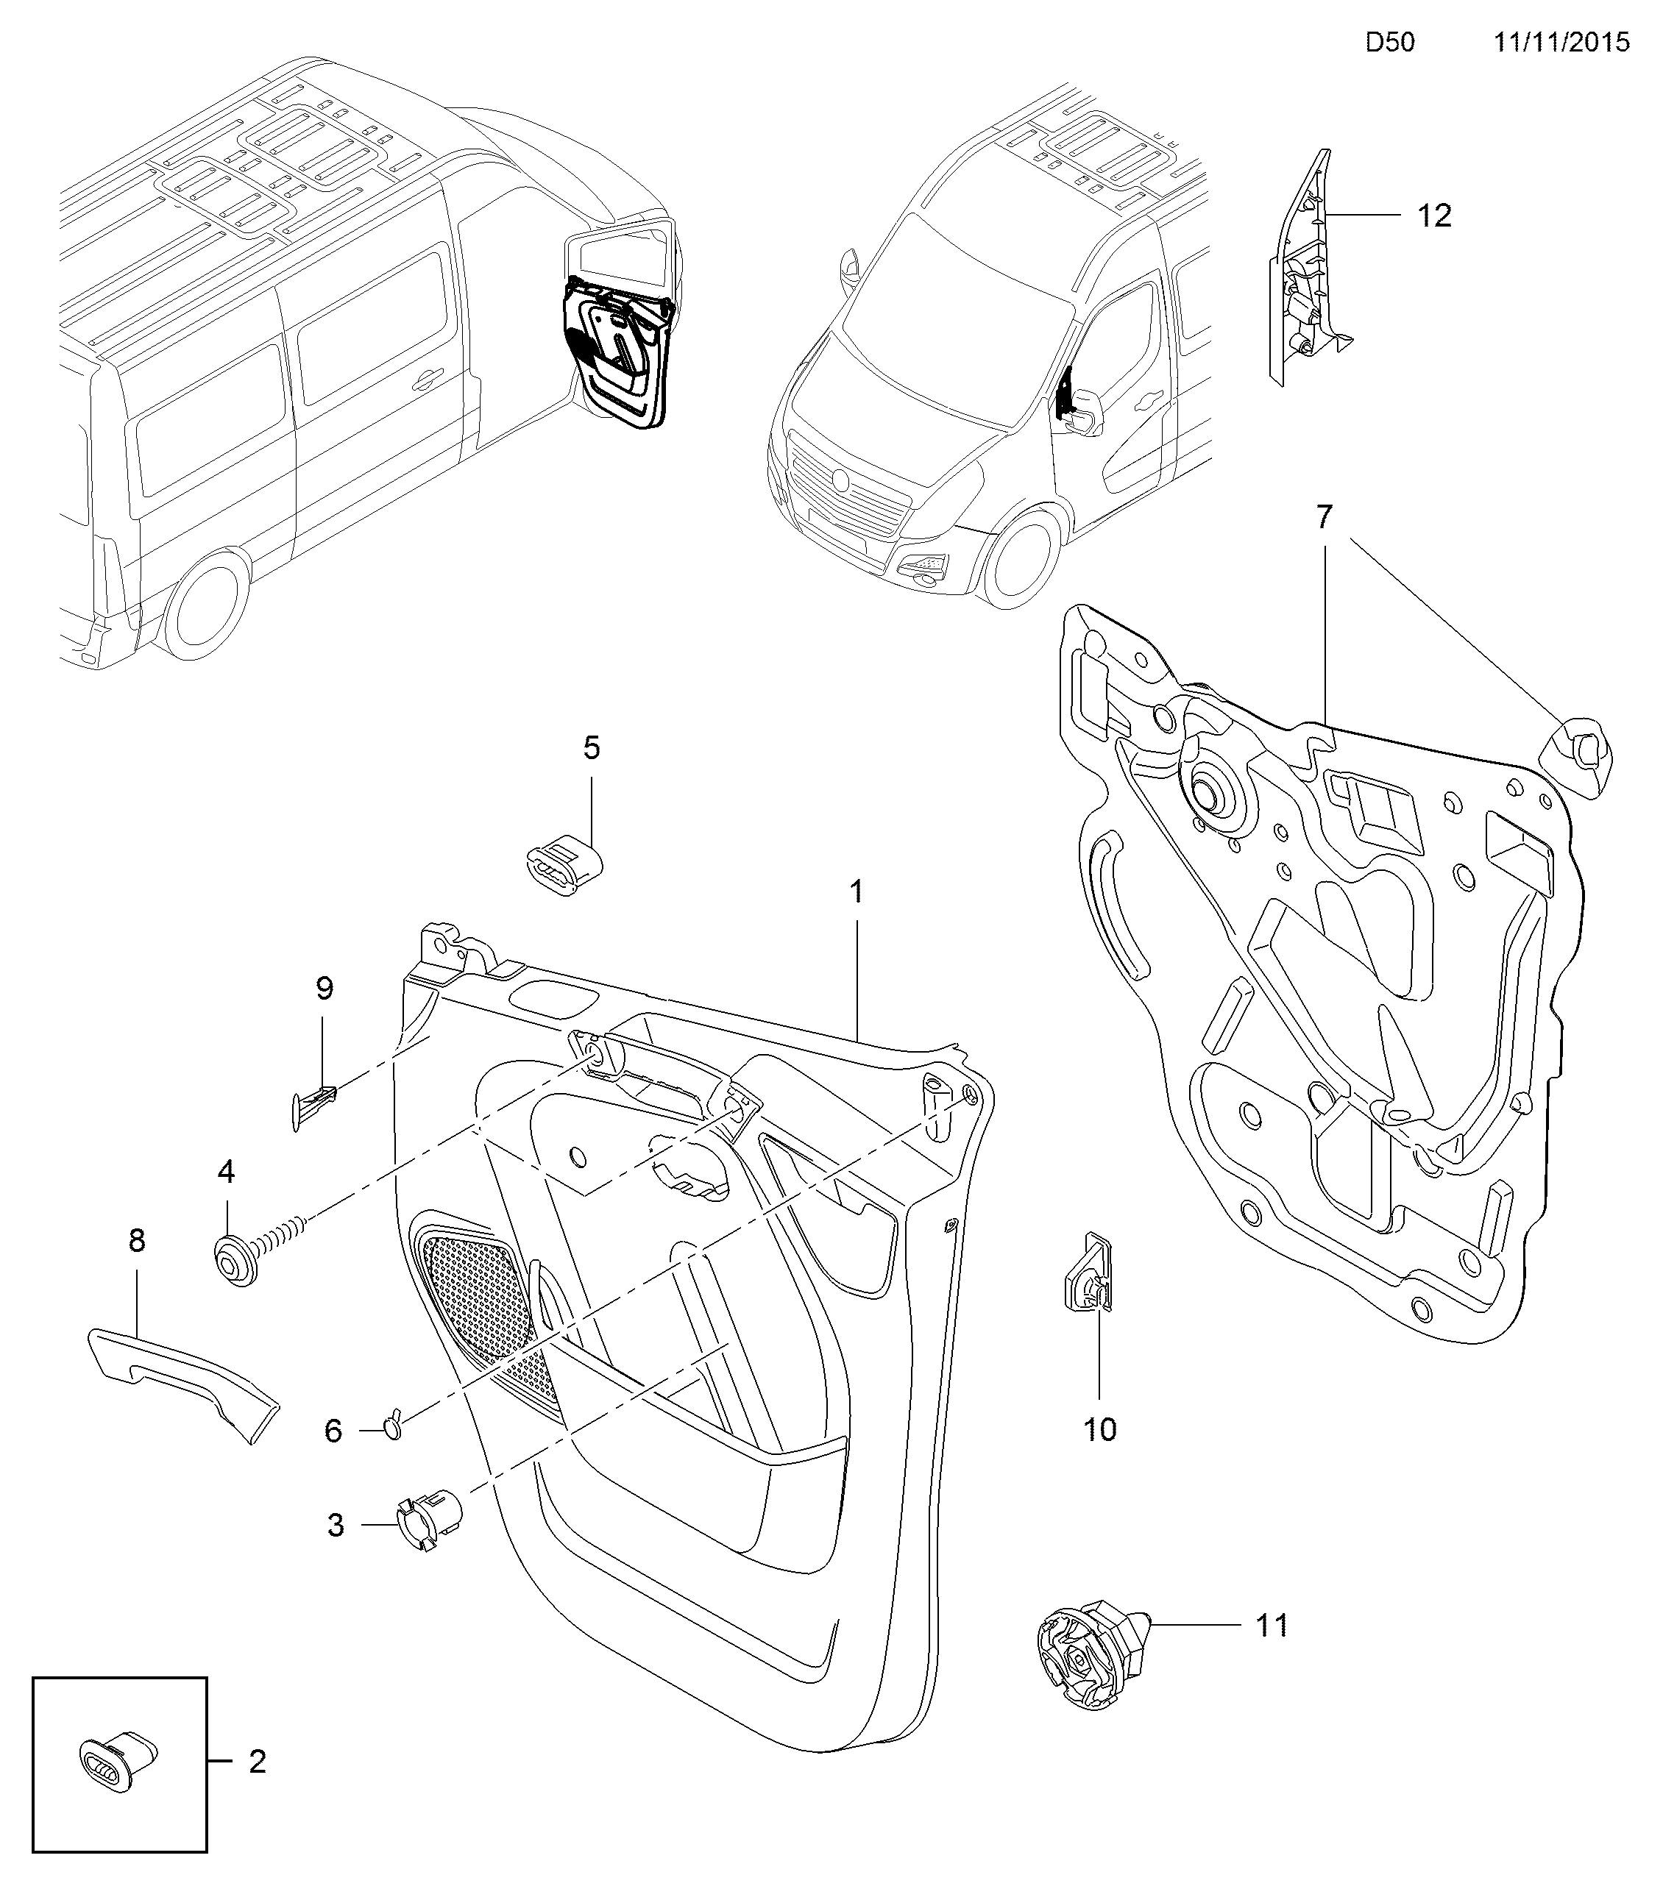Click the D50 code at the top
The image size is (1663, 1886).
tap(1390, 43)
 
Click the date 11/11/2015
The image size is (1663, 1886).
tap(1562, 43)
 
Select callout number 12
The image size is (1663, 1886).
tap(1434, 216)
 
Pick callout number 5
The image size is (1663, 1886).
tap(592, 747)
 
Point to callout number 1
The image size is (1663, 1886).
tap(857, 892)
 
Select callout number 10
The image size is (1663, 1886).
tap(1100, 1429)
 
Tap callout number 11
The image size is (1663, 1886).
tap(1272, 1625)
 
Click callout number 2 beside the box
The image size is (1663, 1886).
tap(258, 1762)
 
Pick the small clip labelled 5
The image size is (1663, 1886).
tap(562, 864)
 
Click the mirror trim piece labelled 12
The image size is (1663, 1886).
tap(1303, 277)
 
